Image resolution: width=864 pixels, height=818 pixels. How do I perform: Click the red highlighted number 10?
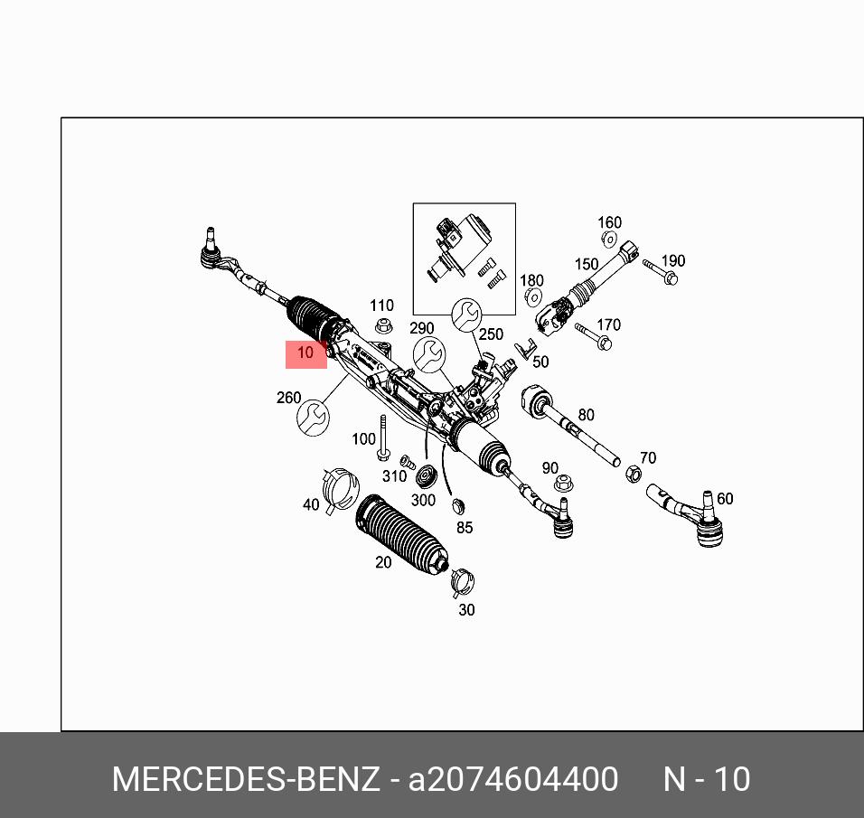305,353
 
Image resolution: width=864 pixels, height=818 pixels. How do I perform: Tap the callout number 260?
288,398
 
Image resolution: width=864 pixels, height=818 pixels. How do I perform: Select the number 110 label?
381,306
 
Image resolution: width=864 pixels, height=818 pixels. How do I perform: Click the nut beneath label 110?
383,326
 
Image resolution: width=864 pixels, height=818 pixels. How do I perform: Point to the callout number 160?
609,222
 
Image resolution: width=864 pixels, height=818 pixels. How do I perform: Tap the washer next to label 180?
532,298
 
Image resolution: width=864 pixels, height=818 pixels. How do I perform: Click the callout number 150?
586,264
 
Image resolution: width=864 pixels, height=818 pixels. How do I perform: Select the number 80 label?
586,415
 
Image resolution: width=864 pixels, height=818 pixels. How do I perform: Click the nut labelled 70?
634,475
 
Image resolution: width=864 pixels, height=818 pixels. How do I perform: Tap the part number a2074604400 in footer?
513,779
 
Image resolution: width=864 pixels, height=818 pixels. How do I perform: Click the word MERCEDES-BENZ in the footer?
246,779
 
